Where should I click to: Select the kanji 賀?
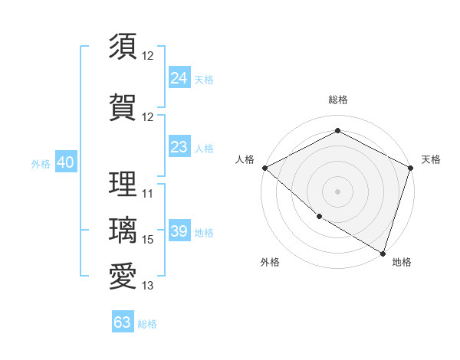(123, 106)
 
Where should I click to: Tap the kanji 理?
(123, 184)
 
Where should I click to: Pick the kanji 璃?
(123, 230)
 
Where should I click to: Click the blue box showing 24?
(179, 78)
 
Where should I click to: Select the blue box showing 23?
(179, 147)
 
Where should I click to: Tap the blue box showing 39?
(179, 231)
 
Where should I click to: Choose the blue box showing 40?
(65, 162)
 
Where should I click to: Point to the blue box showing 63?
(122, 322)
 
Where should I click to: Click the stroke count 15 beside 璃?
(148, 240)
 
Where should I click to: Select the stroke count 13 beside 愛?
(148, 286)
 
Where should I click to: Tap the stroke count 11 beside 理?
(148, 194)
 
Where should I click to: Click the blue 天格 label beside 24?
(204, 79)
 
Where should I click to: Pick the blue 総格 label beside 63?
(147, 324)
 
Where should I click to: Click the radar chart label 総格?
(337, 100)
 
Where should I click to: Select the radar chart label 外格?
(270, 263)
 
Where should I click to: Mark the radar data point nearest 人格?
(264, 168)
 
